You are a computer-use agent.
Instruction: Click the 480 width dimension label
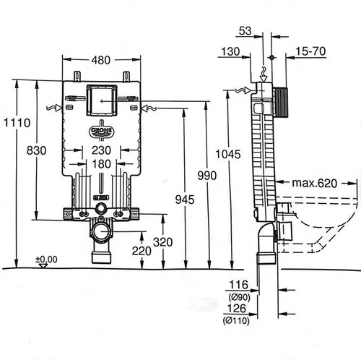(x=101, y=60)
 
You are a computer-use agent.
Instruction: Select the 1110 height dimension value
(x=17, y=123)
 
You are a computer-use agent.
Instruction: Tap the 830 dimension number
(x=36, y=150)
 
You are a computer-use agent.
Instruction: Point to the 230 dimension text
(x=101, y=150)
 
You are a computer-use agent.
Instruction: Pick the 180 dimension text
(x=102, y=164)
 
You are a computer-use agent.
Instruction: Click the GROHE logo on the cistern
(x=101, y=132)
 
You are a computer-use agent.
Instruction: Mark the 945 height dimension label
(x=185, y=200)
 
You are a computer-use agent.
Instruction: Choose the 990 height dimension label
(x=207, y=176)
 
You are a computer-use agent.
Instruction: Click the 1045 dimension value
(x=228, y=154)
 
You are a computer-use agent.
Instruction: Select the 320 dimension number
(x=163, y=242)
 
